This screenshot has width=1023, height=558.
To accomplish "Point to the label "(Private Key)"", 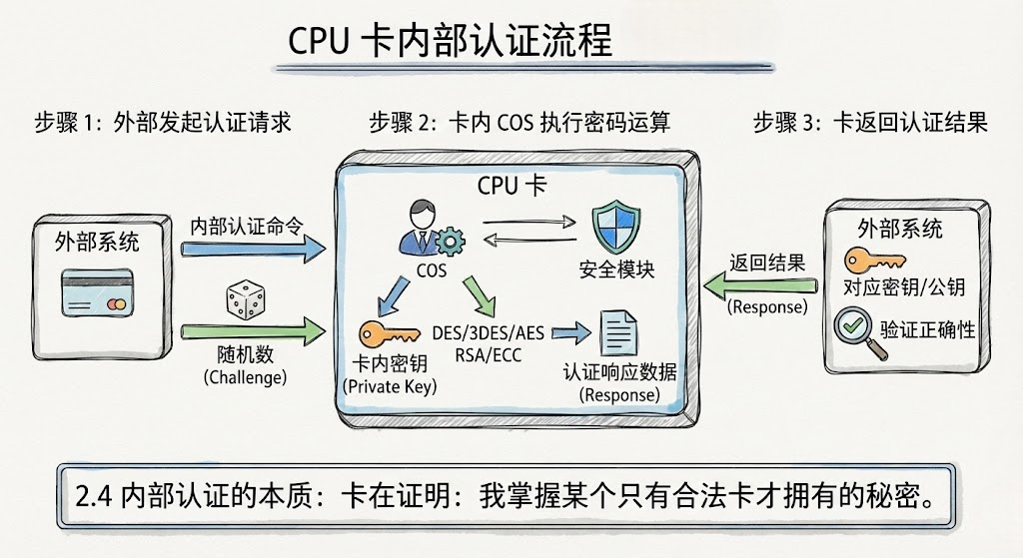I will [389, 386].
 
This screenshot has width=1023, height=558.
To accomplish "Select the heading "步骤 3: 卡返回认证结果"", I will [869, 123].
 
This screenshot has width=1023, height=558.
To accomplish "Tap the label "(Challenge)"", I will [245, 377].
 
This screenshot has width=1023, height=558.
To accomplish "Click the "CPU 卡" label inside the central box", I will [511, 187].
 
